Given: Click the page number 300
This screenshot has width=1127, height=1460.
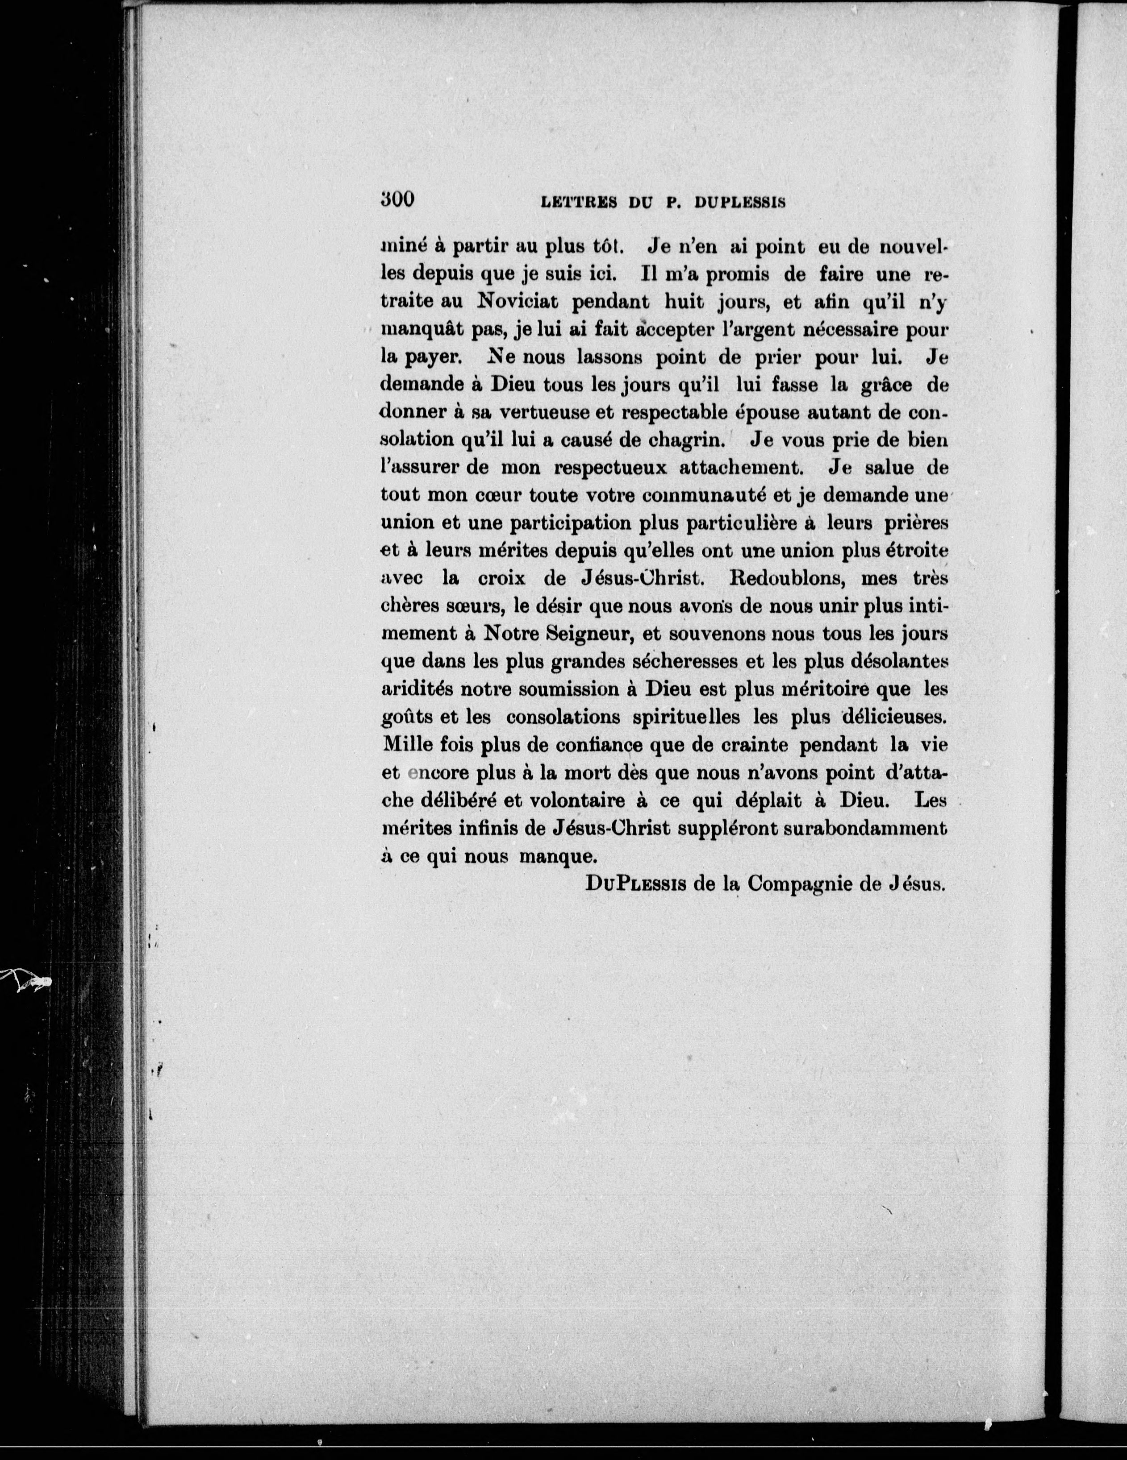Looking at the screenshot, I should [398, 199].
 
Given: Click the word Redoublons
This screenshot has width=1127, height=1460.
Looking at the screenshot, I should [785, 578].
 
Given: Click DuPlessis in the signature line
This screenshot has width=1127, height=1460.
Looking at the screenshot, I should [635, 884].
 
